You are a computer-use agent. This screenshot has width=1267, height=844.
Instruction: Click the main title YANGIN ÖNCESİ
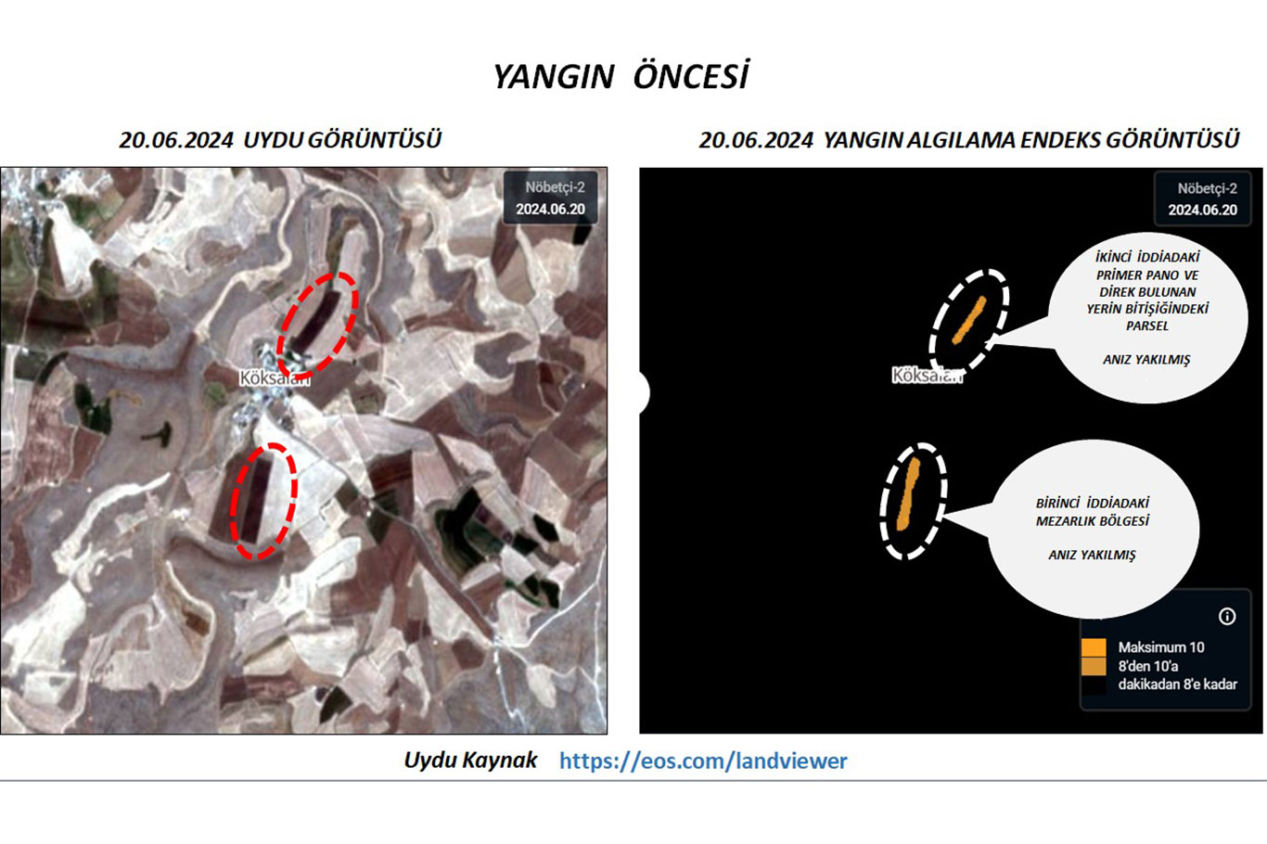click(621, 75)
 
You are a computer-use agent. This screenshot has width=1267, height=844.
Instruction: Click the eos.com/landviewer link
click(703, 761)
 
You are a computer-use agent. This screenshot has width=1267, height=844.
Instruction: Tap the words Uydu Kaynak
click(470, 761)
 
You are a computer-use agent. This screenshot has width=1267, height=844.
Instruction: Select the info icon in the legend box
click(1226, 616)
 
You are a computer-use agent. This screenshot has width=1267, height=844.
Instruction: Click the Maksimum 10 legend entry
click(1160, 647)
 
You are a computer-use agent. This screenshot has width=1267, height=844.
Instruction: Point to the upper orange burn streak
click(969, 320)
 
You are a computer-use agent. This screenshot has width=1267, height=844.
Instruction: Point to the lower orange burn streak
click(908, 493)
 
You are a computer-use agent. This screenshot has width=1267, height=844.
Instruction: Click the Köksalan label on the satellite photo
click(275, 377)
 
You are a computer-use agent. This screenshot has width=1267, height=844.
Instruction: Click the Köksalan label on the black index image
click(927, 375)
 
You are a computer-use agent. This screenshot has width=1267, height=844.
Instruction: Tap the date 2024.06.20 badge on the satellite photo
click(550, 210)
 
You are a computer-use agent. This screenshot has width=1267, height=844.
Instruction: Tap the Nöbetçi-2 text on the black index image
click(1207, 188)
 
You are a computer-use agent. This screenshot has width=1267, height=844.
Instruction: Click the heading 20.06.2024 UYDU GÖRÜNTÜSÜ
click(280, 140)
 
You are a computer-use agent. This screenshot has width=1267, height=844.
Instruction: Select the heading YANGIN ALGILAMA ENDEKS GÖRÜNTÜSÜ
click(1031, 140)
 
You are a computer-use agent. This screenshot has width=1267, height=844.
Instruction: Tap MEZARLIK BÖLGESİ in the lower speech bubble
click(1093, 521)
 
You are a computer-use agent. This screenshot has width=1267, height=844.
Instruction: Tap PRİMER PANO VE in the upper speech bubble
click(1147, 275)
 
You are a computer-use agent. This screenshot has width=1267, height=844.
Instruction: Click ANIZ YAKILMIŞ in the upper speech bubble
click(1146, 360)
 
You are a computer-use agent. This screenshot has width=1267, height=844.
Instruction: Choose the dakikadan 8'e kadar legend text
click(1178, 684)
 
